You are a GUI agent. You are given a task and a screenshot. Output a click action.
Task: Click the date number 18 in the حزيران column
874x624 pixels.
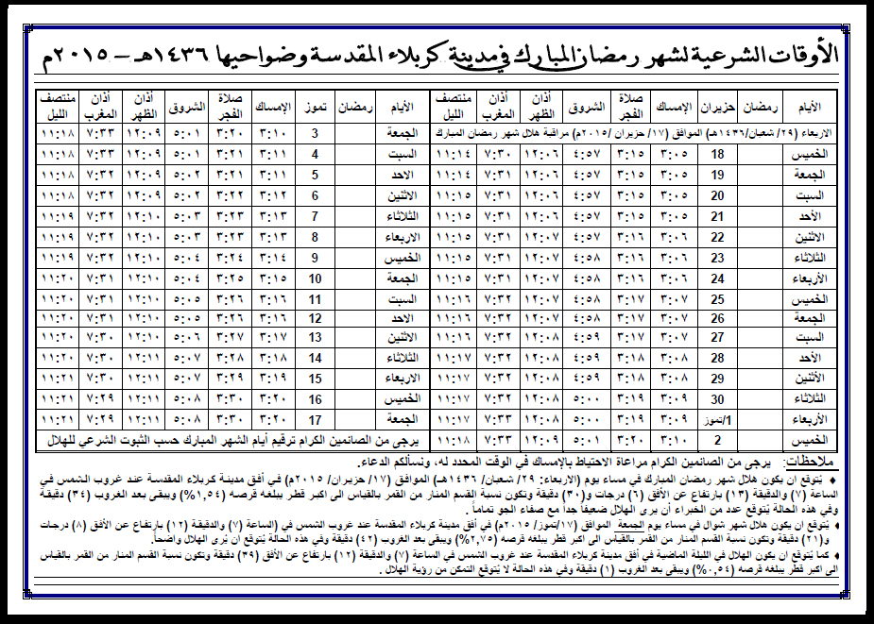(717, 154)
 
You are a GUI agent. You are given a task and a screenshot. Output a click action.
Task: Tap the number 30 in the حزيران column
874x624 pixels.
(717, 398)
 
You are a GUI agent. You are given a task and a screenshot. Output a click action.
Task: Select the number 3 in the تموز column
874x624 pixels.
(316, 134)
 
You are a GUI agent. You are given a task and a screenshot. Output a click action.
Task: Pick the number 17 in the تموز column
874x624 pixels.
(316, 419)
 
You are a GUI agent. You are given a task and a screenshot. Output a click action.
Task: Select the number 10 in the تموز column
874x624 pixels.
(316, 277)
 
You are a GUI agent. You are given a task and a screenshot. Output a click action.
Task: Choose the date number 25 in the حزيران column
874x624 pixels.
(717, 296)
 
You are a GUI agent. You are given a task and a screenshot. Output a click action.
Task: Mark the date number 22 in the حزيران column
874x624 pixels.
(717, 236)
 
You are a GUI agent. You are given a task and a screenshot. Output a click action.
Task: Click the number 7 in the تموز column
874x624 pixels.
(316, 215)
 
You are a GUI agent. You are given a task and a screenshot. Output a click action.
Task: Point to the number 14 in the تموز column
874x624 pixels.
(316, 358)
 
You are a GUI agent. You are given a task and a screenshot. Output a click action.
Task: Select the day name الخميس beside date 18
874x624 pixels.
(808, 154)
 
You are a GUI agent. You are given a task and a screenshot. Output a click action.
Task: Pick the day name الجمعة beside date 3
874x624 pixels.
(402, 134)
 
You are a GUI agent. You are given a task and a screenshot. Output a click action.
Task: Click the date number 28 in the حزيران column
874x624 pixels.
(717, 358)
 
